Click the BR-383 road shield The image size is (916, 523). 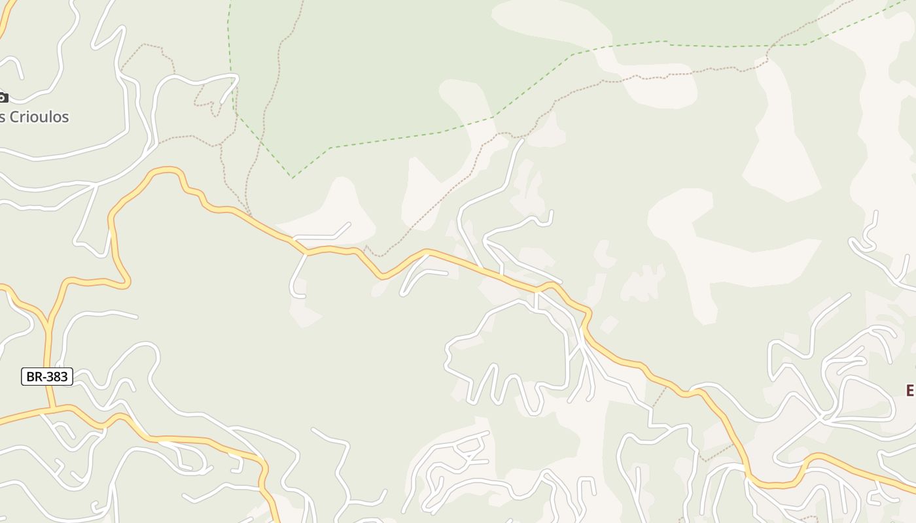pyautogui.click(x=47, y=377)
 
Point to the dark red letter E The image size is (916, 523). pyautogui.click(x=910, y=390)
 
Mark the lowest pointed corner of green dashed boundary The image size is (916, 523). pyautogui.click(x=292, y=177)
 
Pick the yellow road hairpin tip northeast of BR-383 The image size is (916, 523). pyautogui.click(x=126, y=282)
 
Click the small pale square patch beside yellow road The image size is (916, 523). pyautogui.click(x=609, y=324)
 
